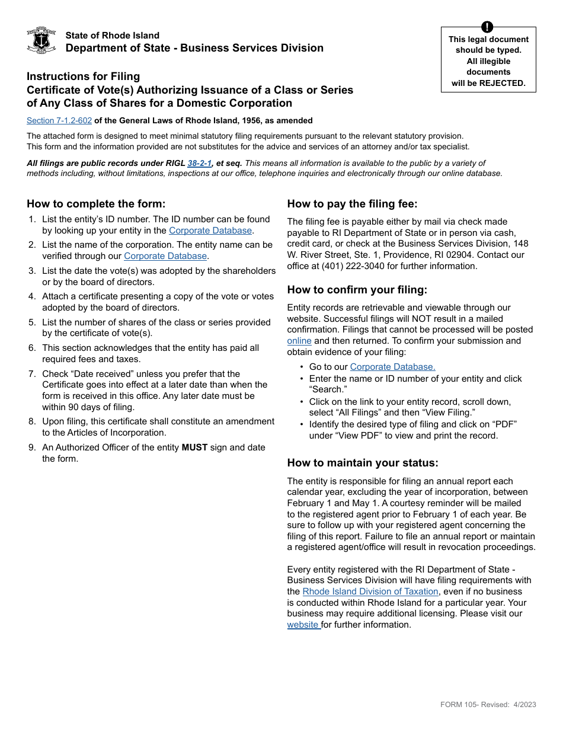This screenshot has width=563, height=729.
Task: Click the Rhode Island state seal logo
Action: coord(41,41)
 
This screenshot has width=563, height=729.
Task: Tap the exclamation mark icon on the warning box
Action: coord(487,27)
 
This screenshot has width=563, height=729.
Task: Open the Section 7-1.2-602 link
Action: coord(59,120)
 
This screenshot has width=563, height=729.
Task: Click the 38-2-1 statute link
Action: coord(199,163)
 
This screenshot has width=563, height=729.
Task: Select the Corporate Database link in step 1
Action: coord(210,231)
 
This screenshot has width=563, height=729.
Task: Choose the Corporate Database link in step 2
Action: coord(165,256)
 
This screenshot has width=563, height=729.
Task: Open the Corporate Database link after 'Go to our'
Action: coord(392,367)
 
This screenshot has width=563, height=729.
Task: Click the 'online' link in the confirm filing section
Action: coord(299,341)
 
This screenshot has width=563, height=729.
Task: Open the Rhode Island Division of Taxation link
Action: coord(370,591)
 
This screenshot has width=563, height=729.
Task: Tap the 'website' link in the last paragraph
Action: coord(303,625)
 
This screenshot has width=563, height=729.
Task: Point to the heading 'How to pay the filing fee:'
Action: coord(352,204)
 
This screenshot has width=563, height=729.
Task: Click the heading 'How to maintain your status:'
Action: coord(363,463)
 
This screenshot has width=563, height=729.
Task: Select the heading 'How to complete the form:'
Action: coord(96,204)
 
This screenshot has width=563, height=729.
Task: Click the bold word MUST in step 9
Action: coord(194,447)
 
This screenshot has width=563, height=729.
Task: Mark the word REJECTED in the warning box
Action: coord(503,83)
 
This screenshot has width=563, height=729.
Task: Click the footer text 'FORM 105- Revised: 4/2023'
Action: coord(488,705)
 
